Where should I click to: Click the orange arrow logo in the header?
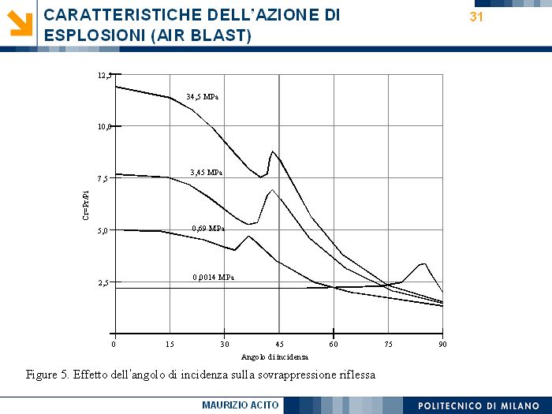tap(21, 23)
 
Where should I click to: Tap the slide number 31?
tap(476, 17)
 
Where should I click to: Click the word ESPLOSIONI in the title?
tap(89, 35)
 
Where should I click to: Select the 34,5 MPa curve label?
tap(203, 97)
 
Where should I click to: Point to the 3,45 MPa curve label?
tap(206, 172)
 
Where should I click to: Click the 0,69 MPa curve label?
tap(208, 228)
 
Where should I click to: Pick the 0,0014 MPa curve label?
tap(213, 278)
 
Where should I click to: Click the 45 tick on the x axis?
tap(279, 345)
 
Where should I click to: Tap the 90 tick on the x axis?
tap(443, 345)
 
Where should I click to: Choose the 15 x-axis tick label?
tap(170, 345)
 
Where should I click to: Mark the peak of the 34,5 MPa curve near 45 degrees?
tap(273, 151)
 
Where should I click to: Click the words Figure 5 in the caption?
tap(47, 374)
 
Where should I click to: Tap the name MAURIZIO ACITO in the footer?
tap(241, 405)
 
